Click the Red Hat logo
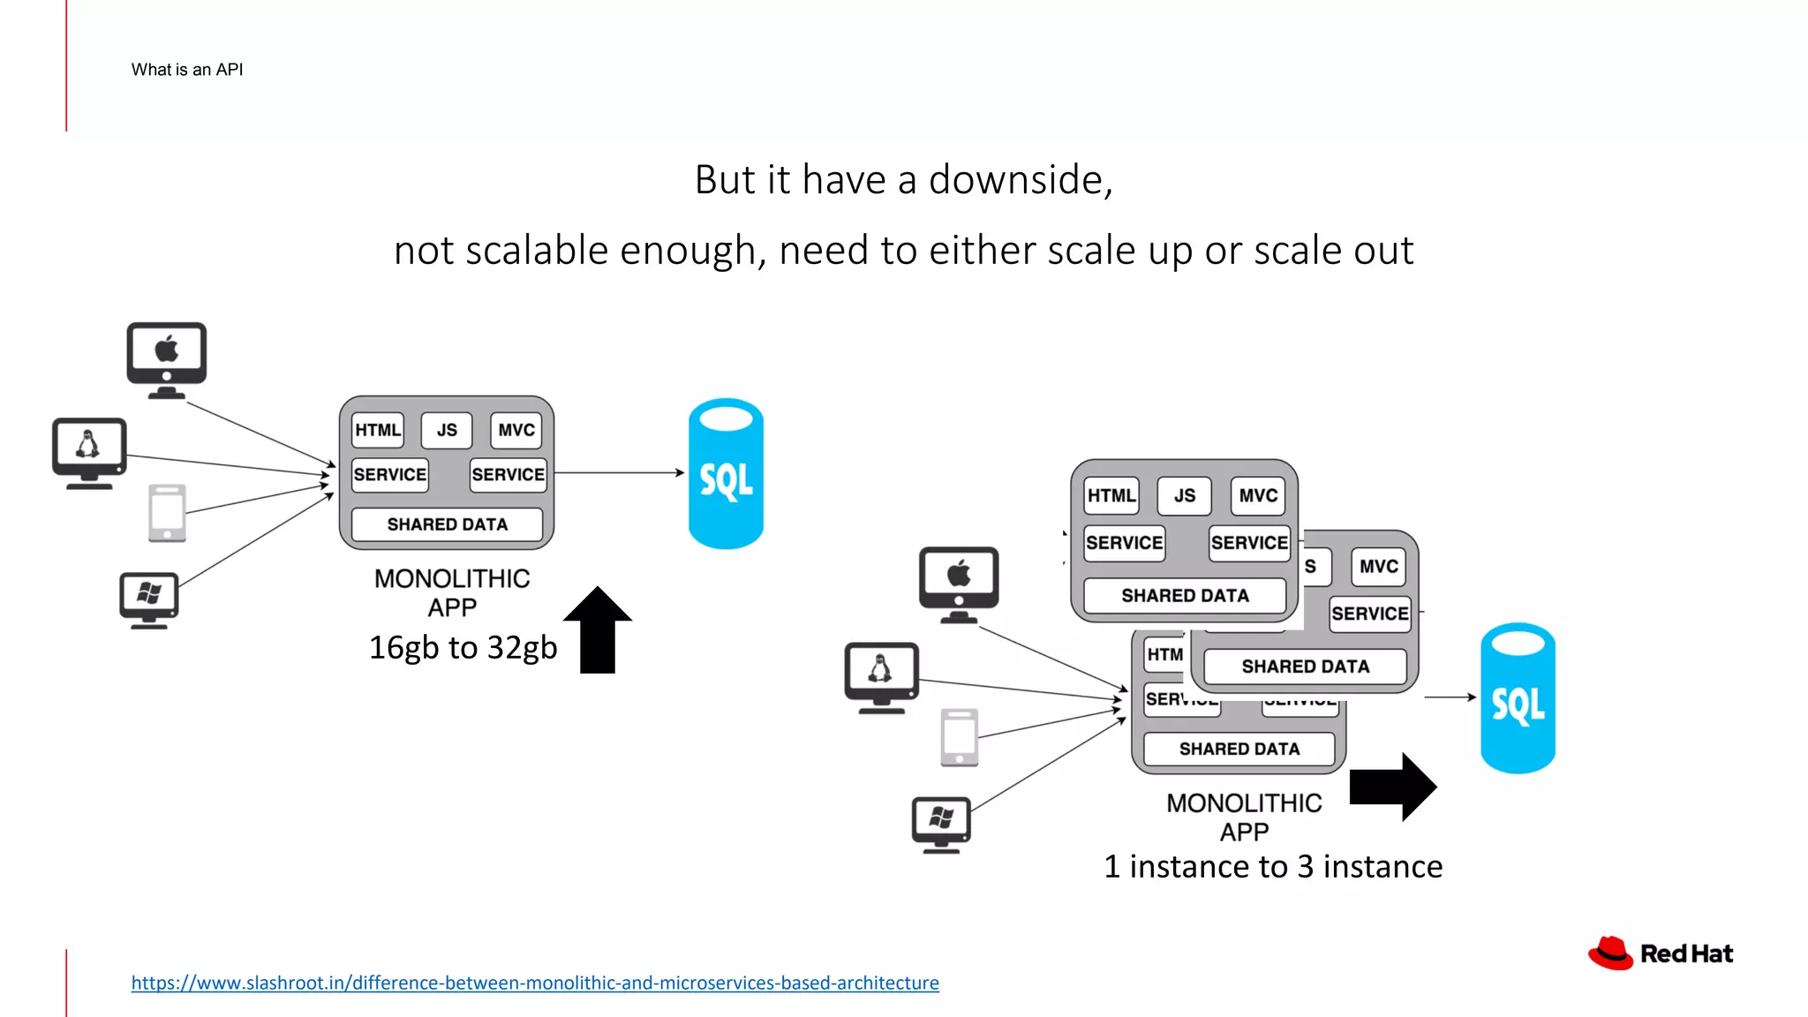click(x=1660, y=953)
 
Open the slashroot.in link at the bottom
click(x=535, y=983)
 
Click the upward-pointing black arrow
click(x=598, y=629)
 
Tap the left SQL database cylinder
click(x=726, y=474)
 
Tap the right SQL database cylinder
click(x=1518, y=698)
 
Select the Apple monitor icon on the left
click(x=166, y=358)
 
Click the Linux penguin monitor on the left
click(x=88, y=451)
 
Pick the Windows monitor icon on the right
click(x=941, y=823)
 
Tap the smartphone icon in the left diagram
click(x=167, y=512)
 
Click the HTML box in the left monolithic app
click(x=378, y=430)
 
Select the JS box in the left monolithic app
click(x=447, y=430)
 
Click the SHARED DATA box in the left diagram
click(x=447, y=524)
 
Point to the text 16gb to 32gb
click(x=463, y=648)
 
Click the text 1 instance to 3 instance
click(x=1272, y=867)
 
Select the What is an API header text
click(x=187, y=70)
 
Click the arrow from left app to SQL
click(x=618, y=473)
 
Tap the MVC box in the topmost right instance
click(x=1258, y=496)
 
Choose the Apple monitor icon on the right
click(x=959, y=582)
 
